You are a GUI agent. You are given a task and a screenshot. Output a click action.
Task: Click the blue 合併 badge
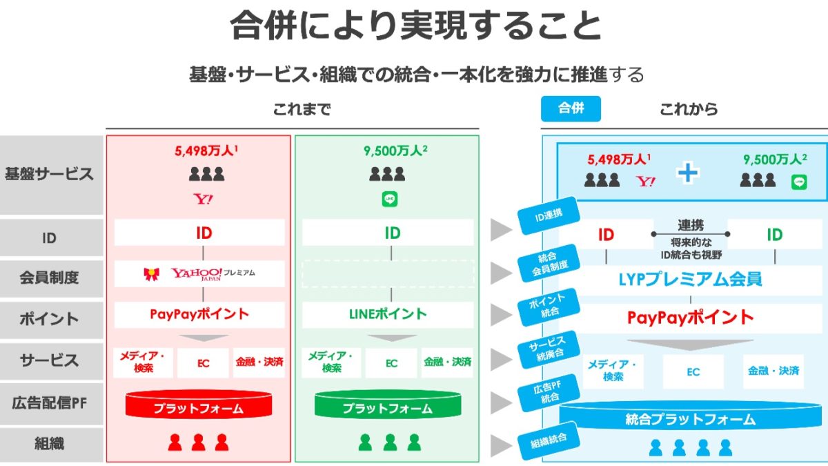[x=571, y=109]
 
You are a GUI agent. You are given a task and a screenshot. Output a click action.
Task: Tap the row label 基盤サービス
[x=49, y=174]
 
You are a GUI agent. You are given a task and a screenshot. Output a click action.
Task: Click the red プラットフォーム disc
[x=198, y=406]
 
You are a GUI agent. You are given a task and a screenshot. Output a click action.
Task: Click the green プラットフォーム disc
[x=387, y=406]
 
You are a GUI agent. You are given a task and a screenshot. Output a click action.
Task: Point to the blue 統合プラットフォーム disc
[x=690, y=418]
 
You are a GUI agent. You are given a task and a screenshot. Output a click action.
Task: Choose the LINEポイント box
[x=387, y=314]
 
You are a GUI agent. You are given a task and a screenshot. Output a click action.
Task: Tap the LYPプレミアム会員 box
[x=690, y=280]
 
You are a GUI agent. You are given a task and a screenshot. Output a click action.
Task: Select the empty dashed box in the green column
[x=387, y=273]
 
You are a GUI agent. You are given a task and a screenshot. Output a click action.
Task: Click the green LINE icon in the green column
[x=389, y=200]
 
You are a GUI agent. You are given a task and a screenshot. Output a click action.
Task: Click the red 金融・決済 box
[x=259, y=362]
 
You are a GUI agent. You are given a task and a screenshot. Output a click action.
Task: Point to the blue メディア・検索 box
[x=613, y=371]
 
